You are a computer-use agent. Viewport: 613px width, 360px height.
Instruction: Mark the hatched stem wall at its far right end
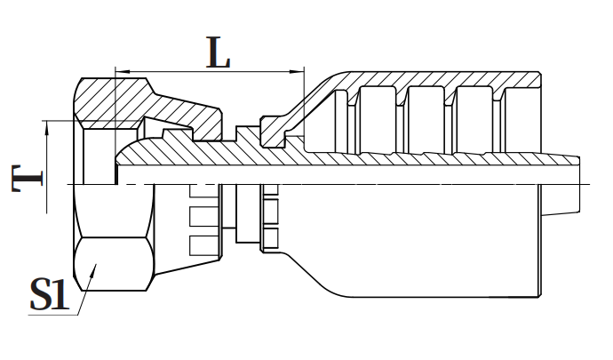coord(560,164)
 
